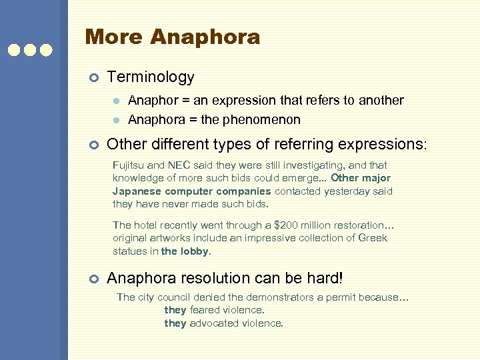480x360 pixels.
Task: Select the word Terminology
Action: pos(151,77)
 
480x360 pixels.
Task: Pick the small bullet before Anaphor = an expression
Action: pos(116,101)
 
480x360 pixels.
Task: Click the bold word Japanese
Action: pos(135,191)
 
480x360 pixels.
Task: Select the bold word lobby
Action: pos(193,251)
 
